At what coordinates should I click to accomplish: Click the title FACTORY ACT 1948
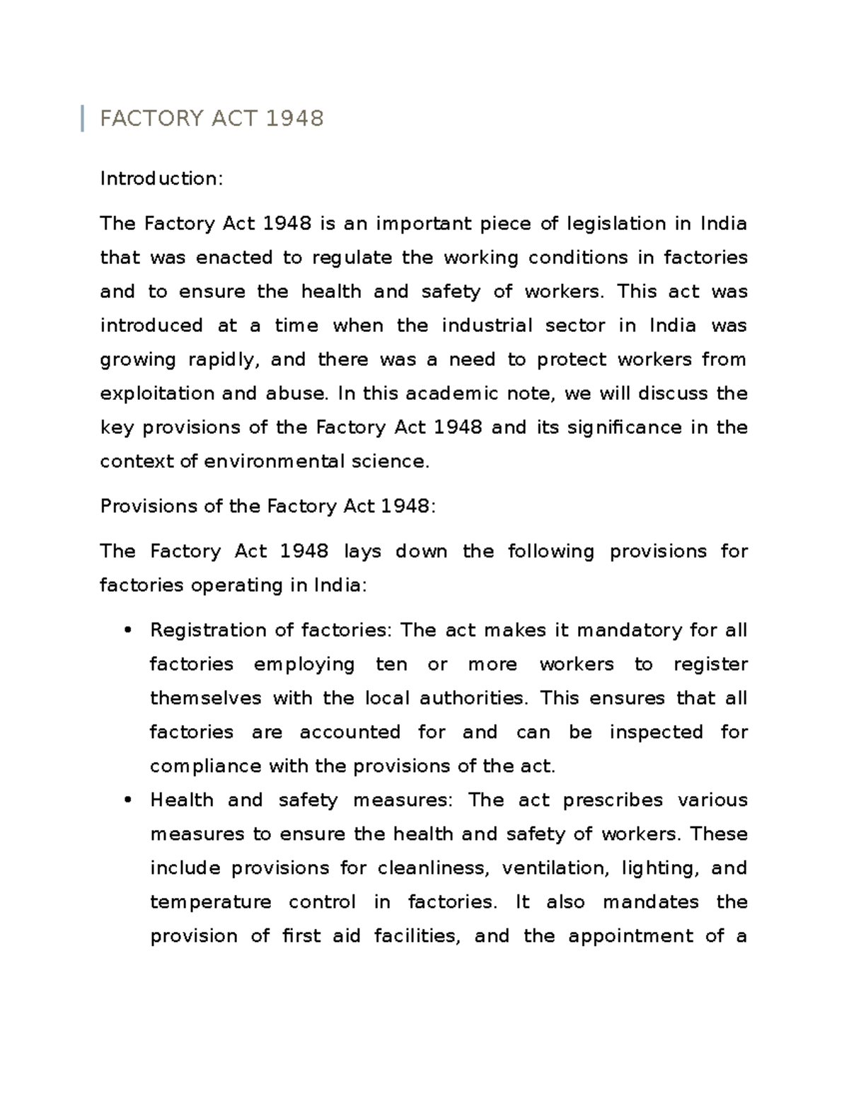(x=212, y=118)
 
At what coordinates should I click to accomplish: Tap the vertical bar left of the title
(x=83, y=118)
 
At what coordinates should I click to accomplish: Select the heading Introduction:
(x=161, y=178)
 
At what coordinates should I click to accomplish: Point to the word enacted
(x=233, y=258)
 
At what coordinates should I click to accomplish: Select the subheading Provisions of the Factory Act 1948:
(x=268, y=507)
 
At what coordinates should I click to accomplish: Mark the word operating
(x=226, y=586)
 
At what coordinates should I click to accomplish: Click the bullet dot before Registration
(x=128, y=631)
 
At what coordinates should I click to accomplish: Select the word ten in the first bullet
(x=391, y=664)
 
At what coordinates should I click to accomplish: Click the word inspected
(x=656, y=732)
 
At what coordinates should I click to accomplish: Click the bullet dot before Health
(x=128, y=801)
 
